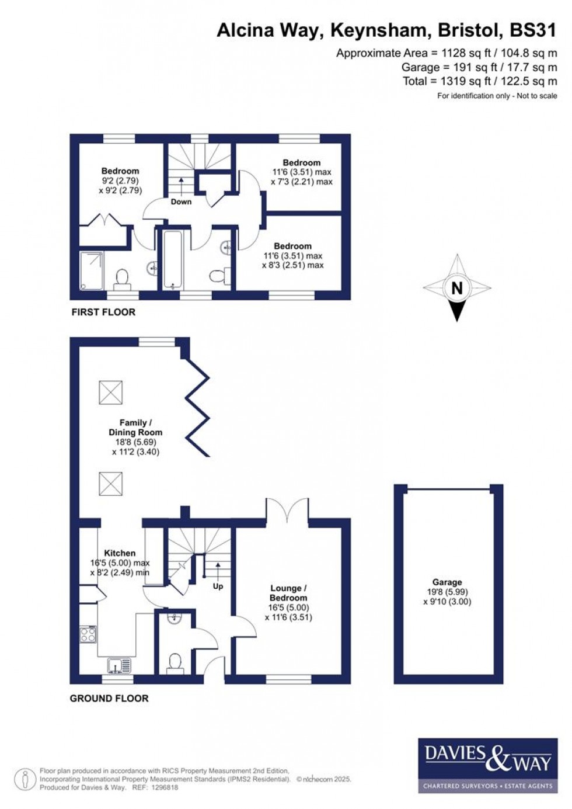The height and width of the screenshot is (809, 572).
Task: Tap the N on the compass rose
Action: [457, 287]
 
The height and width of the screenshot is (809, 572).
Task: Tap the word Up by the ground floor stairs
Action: [218, 586]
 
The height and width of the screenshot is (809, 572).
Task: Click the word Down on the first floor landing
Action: [181, 202]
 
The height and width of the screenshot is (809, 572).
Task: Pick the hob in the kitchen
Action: [88, 634]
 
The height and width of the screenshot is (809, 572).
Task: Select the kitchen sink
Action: [120, 665]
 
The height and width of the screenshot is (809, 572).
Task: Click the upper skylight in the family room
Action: [111, 392]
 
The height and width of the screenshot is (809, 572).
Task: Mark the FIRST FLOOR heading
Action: [103, 312]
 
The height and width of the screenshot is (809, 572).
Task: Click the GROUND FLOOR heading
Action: [109, 698]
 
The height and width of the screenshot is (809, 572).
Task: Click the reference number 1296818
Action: [164, 787]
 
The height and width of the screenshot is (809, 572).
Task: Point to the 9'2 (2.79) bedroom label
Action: [120, 180]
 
